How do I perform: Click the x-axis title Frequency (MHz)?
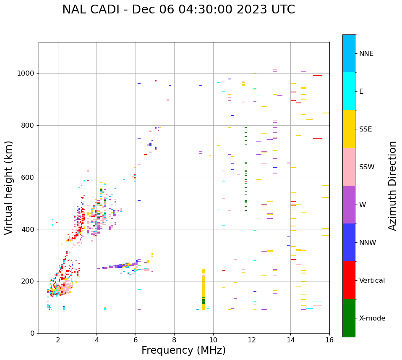tap(183, 350)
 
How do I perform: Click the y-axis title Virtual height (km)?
tap(9, 187)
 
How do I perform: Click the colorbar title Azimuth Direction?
tap(392, 185)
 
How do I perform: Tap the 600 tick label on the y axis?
tap(28, 177)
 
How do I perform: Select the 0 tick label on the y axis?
tap(32, 333)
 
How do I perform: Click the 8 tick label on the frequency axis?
tap(174, 340)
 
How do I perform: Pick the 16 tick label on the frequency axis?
tap(329, 340)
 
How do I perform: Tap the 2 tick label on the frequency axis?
tap(58, 340)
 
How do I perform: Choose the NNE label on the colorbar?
tap(366, 54)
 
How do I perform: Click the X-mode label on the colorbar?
tap(372, 318)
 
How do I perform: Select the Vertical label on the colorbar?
tap(372, 281)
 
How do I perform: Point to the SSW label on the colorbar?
tap(367, 167)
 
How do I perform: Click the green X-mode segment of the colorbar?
tap(349, 318)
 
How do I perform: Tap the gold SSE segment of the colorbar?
tap(349, 129)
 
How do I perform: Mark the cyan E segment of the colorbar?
tap(349, 91)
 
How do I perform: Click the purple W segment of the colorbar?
tap(349, 205)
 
